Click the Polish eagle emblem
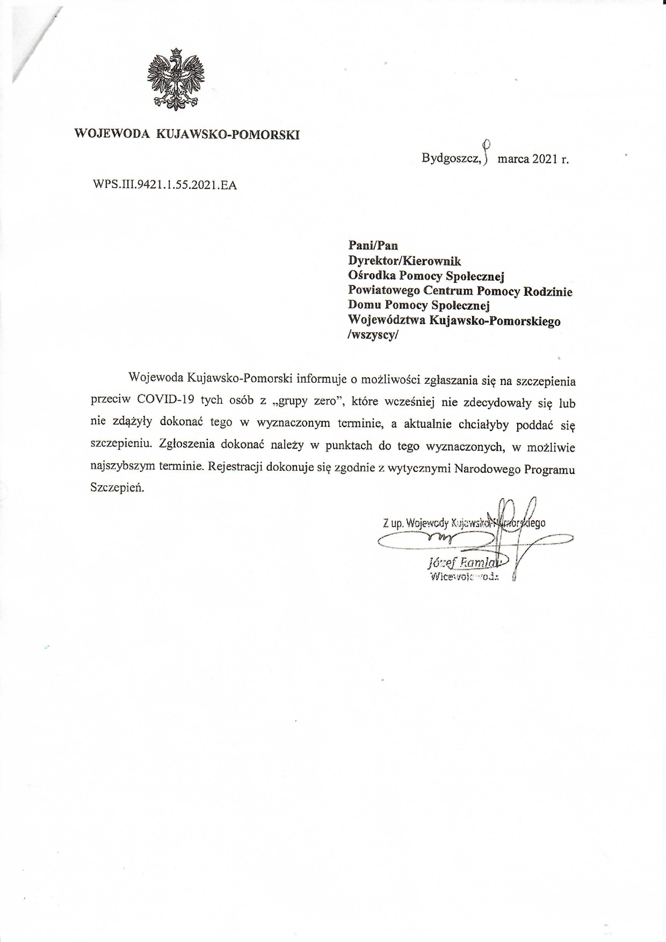tap(176, 80)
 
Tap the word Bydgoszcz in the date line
tap(451, 159)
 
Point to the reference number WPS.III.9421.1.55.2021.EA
tap(165, 185)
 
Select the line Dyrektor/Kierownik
tap(404, 261)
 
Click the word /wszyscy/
tap(374, 335)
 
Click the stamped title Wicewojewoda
tap(464, 577)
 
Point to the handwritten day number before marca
tap(486, 151)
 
